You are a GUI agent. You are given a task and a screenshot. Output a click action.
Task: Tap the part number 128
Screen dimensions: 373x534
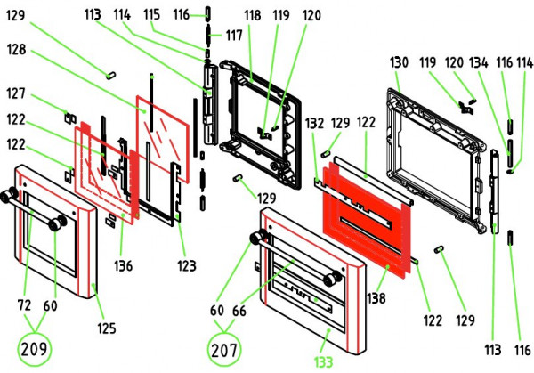[x=19, y=52]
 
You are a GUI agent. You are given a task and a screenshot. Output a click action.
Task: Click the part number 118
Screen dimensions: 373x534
[x=253, y=16]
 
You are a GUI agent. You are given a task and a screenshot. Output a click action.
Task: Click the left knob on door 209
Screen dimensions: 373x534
[x=12, y=196]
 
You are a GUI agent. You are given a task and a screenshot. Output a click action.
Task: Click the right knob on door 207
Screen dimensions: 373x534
[x=332, y=280]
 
